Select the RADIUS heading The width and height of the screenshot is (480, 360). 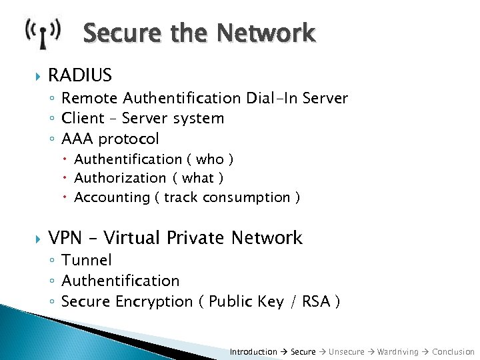point(80,75)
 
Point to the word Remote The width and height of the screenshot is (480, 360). point(89,98)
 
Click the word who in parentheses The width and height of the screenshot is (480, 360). point(209,159)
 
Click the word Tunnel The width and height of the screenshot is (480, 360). point(87,260)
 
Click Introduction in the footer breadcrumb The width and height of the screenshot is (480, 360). point(253,351)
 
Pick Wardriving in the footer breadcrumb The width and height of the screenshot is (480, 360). point(398,351)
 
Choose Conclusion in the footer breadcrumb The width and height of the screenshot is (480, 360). point(453,351)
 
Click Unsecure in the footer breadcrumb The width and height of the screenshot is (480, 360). point(347,351)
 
